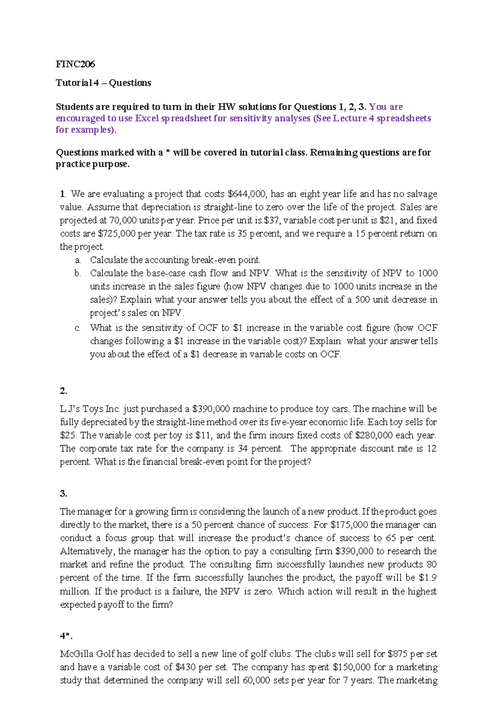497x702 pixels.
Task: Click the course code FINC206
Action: [75, 64]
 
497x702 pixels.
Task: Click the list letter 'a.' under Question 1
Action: [78, 260]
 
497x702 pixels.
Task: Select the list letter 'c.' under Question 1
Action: [78, 328]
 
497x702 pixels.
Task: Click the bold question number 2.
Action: [63, 391]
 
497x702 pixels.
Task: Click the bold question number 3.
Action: [63, 493]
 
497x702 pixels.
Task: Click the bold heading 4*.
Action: [66, 636]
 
